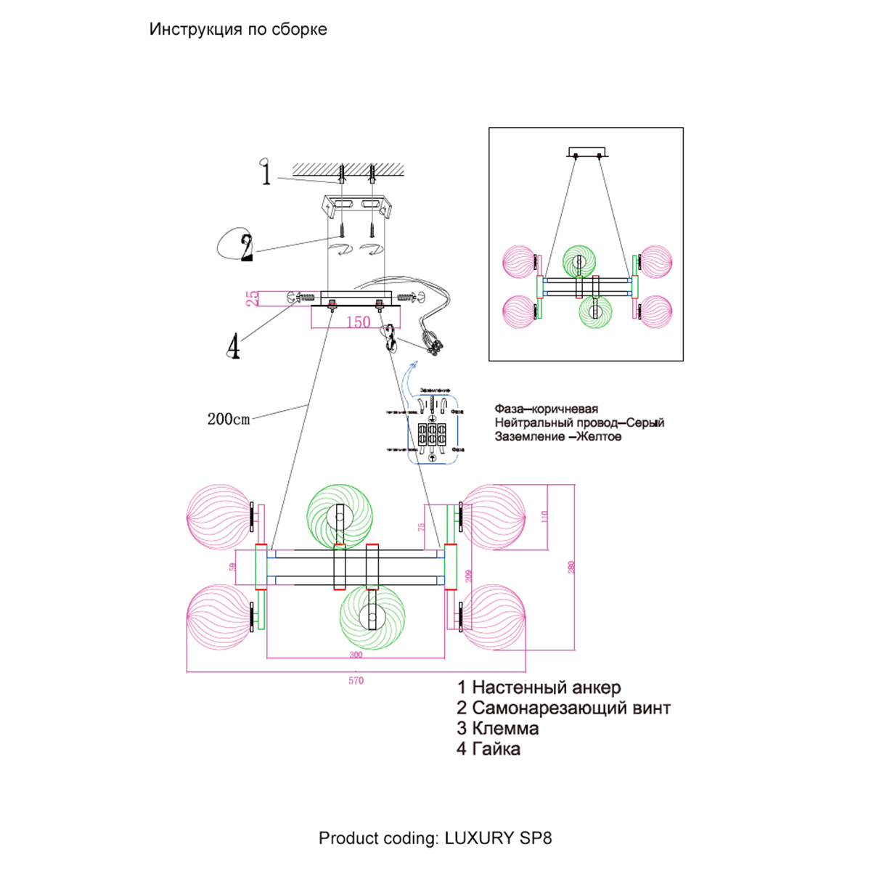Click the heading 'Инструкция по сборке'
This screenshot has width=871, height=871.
238,30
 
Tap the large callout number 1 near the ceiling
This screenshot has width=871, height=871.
266,174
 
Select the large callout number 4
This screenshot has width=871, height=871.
233,347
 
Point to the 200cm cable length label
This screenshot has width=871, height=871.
228,419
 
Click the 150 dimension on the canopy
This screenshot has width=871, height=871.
358,322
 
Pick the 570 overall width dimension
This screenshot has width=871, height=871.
356,681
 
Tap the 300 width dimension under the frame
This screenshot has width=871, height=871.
356,655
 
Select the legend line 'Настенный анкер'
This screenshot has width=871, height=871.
539,687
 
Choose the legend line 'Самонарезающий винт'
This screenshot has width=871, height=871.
563,708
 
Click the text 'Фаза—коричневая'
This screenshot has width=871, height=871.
547,409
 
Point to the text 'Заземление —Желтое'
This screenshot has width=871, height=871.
558,437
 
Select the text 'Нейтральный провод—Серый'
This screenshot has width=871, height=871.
579,423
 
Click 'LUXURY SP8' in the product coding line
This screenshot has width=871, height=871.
498,838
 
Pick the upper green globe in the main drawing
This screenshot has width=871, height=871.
339,517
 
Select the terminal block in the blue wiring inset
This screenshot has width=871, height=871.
432,434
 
